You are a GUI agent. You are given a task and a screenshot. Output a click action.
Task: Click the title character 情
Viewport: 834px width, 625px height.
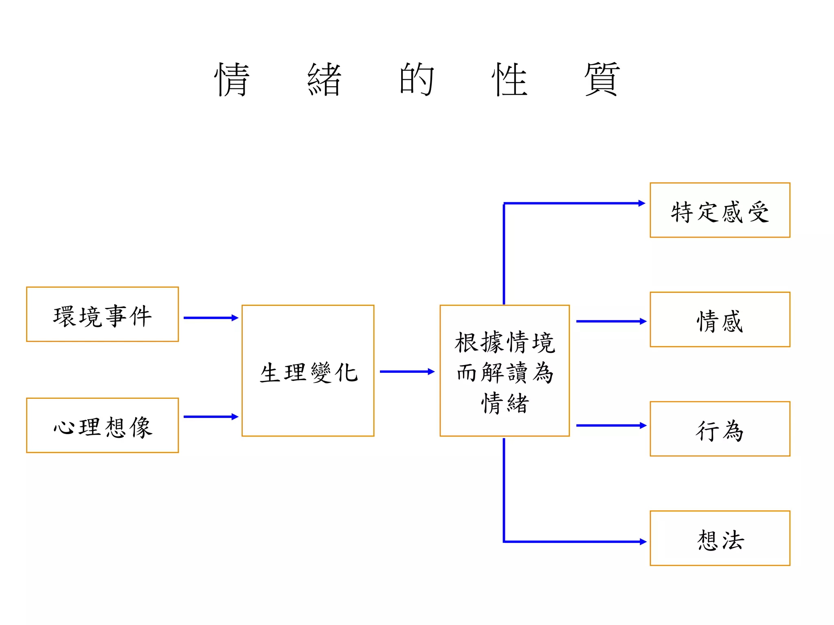[232, 79]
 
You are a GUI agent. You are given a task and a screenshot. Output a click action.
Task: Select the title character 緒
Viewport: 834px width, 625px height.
[324, 79]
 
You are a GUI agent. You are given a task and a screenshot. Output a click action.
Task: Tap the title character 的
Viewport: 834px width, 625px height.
[417, 79]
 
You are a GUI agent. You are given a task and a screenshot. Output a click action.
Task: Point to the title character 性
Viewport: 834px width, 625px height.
[509, 79]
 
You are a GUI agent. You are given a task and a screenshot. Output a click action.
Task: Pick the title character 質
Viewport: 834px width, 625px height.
[602, 79]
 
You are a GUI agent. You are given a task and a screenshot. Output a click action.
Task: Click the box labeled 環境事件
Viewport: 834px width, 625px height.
[102, 315]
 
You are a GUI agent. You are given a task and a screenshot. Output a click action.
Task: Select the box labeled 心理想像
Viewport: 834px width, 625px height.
[102, 426]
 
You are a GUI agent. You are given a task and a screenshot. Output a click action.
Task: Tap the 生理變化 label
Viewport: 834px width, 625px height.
[308, 372]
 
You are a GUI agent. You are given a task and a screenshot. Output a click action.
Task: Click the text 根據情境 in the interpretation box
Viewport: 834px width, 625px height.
[505, 343]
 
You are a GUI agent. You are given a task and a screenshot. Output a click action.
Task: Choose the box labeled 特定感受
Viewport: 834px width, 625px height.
[720, 210]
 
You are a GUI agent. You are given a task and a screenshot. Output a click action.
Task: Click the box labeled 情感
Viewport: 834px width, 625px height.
[720, 320]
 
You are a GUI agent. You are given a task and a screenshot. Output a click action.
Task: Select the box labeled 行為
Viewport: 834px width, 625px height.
[720, 429]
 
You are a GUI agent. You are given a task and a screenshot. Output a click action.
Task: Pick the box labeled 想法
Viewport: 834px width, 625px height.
[720, 538]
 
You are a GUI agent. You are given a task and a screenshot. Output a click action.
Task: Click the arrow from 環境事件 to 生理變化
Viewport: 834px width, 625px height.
[210, 318]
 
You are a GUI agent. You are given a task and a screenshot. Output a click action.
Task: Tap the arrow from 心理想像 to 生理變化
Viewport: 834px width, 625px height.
[210, 417]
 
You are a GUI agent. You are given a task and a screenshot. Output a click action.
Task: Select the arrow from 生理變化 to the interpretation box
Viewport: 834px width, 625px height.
[406, 372]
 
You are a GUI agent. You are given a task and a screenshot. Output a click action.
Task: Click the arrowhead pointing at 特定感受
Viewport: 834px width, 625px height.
[642, 203]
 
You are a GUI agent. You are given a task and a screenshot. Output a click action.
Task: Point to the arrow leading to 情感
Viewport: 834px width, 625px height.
[610, 321]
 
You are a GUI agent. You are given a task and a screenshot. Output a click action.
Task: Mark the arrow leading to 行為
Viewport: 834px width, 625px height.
[610, 426]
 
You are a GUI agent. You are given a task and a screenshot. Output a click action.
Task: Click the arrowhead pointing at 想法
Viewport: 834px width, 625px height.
[643, 542]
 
